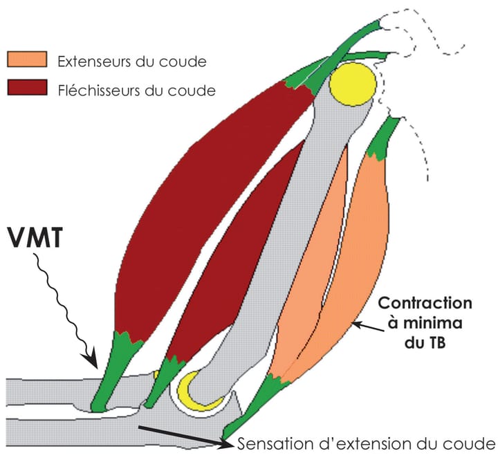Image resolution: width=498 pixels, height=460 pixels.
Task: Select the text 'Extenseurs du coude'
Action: pyautogui.click(x=132, y=60)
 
